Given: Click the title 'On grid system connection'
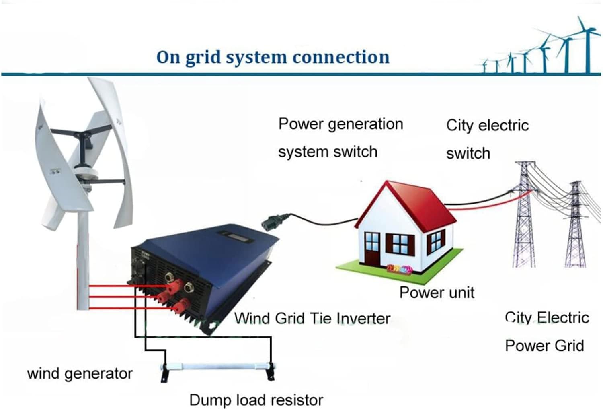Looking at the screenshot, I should pos(273,57).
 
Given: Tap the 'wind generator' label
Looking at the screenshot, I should pos(80,373).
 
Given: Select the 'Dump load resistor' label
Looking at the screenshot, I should pos(256,400).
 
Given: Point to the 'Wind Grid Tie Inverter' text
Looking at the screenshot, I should pos(312,319).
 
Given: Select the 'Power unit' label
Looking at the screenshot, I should pos(437,292).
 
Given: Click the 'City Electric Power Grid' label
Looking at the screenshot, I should pos(546,332).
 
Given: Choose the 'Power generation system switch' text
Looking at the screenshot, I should pos(340,138).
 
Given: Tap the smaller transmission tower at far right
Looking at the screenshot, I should pos(576,225).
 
